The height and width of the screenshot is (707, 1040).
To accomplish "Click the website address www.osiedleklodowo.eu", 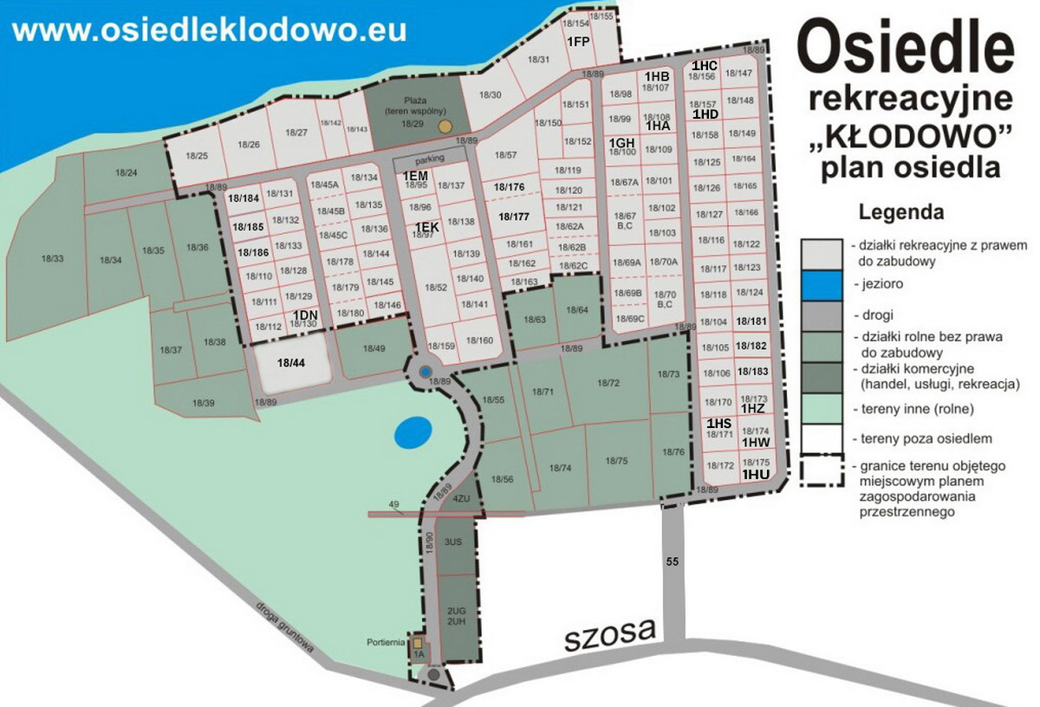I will tap(210, 29).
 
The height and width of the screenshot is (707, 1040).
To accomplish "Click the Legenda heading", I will tap(900, 211).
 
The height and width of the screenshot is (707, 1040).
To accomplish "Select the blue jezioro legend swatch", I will tap(822, 283).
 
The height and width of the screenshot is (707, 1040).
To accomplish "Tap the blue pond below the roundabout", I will tap(412, 431).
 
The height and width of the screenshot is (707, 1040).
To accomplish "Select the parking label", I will tap(430, 159).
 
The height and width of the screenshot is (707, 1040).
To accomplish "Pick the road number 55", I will tap(673, 561).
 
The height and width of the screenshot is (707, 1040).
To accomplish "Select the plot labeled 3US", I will tap(452, 542).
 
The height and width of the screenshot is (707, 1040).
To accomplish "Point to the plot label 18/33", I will tap(53, 258).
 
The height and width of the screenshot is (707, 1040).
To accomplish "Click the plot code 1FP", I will tap(578, 41).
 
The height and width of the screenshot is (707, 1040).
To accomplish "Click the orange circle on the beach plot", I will tap(445, 126).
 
